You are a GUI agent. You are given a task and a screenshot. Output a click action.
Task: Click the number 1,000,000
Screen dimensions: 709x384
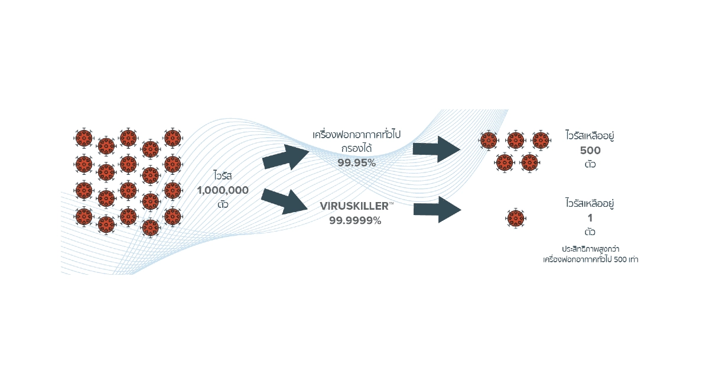(x=223, y=190)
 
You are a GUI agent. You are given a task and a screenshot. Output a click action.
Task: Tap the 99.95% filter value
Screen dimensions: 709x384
(x=357, y=162)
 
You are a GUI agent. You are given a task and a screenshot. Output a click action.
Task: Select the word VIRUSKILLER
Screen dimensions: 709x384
(x=354, y=206)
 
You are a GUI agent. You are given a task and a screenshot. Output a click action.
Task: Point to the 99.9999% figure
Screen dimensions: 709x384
(x=355, y=220)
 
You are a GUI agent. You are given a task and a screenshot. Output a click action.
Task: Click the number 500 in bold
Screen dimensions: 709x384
(x=590, y=151)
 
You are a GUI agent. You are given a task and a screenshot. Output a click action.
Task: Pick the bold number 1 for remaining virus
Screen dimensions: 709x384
(x=590, y=218)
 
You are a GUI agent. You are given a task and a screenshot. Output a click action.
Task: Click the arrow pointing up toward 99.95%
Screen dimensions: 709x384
(x=285, y=157)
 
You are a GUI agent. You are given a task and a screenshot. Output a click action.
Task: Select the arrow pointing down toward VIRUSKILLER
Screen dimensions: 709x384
(x=284, y=201)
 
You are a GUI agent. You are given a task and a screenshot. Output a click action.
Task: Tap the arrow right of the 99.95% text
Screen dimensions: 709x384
(x=437, y=149)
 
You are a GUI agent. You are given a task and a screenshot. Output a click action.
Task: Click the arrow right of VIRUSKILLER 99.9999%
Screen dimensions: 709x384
(x=437, y=210)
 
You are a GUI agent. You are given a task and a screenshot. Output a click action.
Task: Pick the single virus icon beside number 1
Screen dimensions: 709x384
(x=516, y=218)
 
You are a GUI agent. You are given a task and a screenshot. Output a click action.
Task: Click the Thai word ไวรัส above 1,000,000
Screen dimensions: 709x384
(x=223, y=175)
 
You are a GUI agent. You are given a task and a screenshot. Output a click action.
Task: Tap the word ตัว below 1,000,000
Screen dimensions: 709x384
(x=223, y=204)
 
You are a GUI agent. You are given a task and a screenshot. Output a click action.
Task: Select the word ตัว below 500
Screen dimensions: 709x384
(x=590, y=164)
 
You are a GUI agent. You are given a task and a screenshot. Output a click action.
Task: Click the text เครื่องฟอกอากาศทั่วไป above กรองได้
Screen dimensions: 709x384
(x=356, y=134)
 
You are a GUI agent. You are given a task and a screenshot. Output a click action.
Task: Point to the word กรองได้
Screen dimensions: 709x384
(x=356, y=148)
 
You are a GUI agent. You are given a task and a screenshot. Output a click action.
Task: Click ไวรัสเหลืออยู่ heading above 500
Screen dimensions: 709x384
(x=590, y=135)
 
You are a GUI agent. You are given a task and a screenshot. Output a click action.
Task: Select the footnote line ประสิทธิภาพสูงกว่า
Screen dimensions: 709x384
(x=591, y=249)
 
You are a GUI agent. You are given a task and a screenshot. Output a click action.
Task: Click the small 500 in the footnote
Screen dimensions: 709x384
(x=620, y=259)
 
